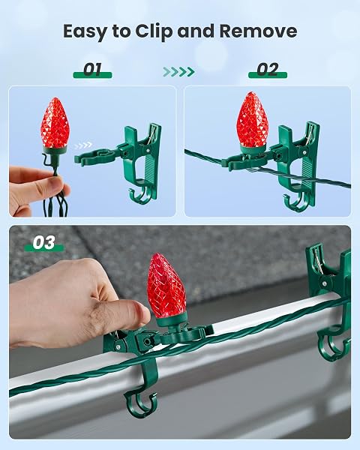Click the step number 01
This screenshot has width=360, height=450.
click(x=92, y=69)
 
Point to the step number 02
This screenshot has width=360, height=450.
click(x=268, y=69)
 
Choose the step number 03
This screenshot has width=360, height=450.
click(x=44, y=242)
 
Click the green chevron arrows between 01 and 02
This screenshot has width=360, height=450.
click(x=178, y=71)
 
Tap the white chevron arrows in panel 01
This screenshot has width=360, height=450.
click(x=83, y=145)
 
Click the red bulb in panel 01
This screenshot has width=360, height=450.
click(x=55, y=122)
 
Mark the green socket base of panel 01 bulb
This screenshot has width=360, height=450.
click(x=55, y=150)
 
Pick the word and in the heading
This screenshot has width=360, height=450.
click(x=196, y=31)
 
